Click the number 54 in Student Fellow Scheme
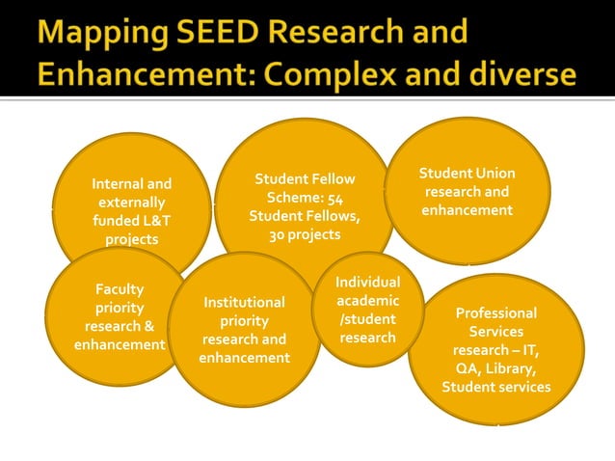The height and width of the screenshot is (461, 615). pyautogui.click(x=335, y=197)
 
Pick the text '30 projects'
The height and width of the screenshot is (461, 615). pyautogui.click(x=305, y=233)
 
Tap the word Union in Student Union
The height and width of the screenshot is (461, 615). pyautogui.click(x=494, y=174)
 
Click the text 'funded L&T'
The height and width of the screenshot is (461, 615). pyautogui.click(x=132, y=221)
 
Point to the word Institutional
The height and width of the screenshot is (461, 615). pyautogui.click(x=244, y=303)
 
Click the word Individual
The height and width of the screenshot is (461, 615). pyautogui.click(x=367, y=282)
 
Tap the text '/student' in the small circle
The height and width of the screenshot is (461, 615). pyautogui.click(x=367, y=319)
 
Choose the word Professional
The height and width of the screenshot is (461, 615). pyautogui.click(x=496, y=313)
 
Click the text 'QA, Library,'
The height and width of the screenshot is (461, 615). pyautogui.click(x=496, y=368)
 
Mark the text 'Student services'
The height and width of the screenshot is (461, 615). pyautogui.click(x=496, y=387)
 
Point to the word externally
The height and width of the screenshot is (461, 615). pyautogui.click(x=132, y=203)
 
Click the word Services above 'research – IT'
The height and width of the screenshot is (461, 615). pyautogui.click(x=496, y=332)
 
